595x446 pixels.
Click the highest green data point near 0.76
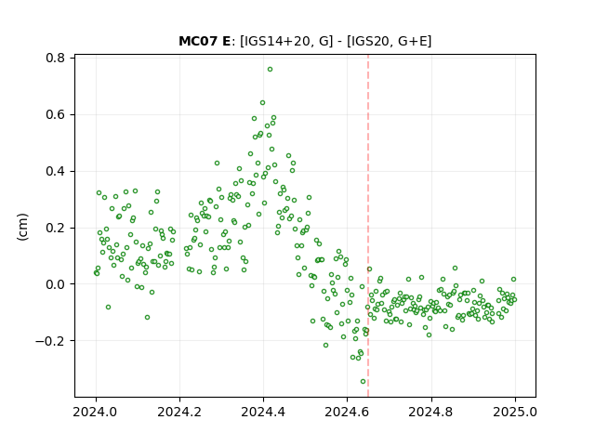[270, 70]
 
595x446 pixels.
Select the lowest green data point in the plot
[363, 382]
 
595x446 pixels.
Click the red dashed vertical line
[368, 226]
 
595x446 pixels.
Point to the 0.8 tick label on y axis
[56, 58]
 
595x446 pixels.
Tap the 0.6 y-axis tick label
[56, 114]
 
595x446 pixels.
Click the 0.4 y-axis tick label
[56, 171]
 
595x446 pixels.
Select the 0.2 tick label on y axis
[56, 228]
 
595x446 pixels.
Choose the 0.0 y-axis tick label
[56, 284]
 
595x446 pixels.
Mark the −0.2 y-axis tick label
[50, 341]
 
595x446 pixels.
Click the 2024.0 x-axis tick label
[96, 412]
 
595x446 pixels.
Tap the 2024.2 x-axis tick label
[179, 412]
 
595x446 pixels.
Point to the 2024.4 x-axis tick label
[263, 412]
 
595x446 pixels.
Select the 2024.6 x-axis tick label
[347, 412]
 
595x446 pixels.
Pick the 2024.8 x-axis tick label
[431, 412]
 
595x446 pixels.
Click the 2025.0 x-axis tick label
[515, 412]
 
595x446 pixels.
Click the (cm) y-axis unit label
[22, 227]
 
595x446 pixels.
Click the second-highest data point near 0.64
[262, 103]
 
